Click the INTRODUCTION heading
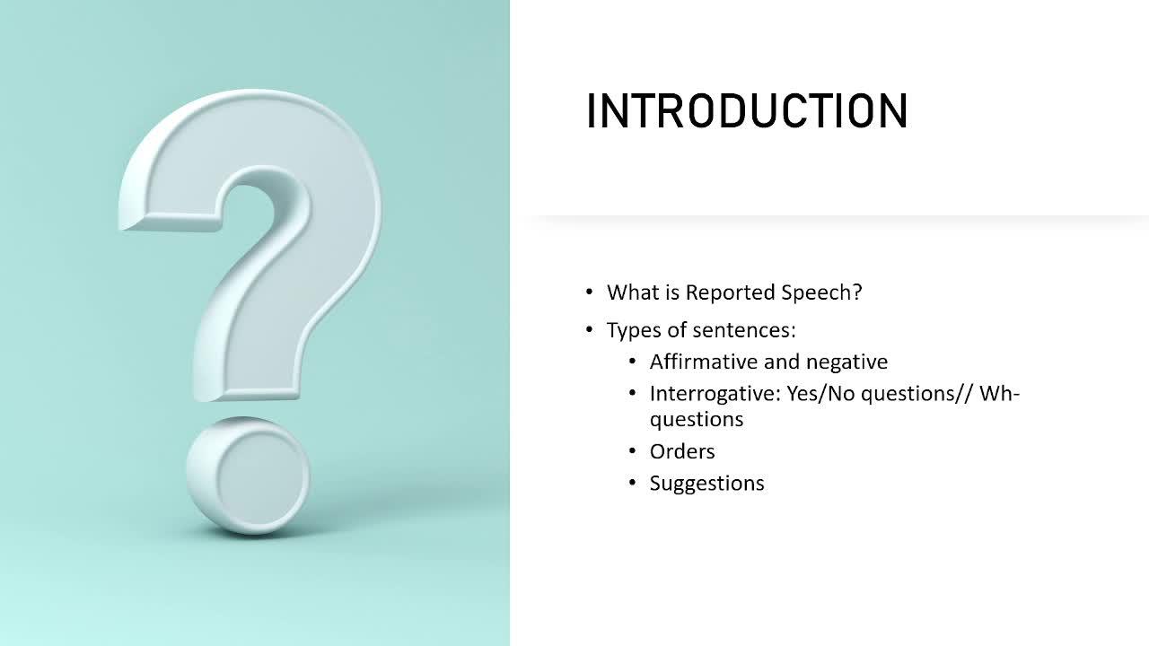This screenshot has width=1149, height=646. click(748, 110)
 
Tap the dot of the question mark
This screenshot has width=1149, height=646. click(249, 476)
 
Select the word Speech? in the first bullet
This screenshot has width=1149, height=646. click(821, 292)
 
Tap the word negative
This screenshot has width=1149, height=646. click(846, 362)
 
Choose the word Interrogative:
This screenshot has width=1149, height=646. click(715, 394)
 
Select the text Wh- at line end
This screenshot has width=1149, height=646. click(999, 394)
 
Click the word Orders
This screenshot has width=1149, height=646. click(682, 451)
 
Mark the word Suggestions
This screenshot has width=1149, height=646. click(706, 484)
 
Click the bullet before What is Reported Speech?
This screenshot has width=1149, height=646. click(590, 292)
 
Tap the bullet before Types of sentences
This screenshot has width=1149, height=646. click(590, 329)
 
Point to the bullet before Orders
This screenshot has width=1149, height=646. click(633, 451)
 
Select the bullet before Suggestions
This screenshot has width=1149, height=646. click(633, 483)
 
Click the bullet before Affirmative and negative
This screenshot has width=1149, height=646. click(633, 362)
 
